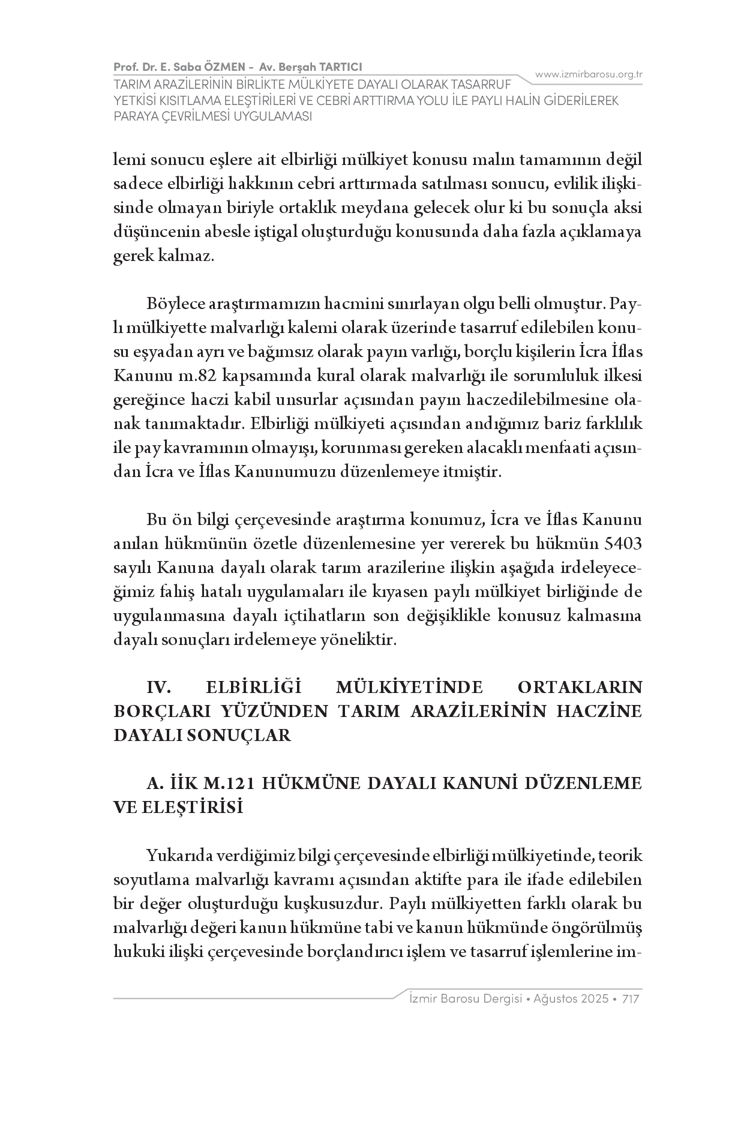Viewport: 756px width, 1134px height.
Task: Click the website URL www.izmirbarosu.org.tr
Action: tap(589, 74)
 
